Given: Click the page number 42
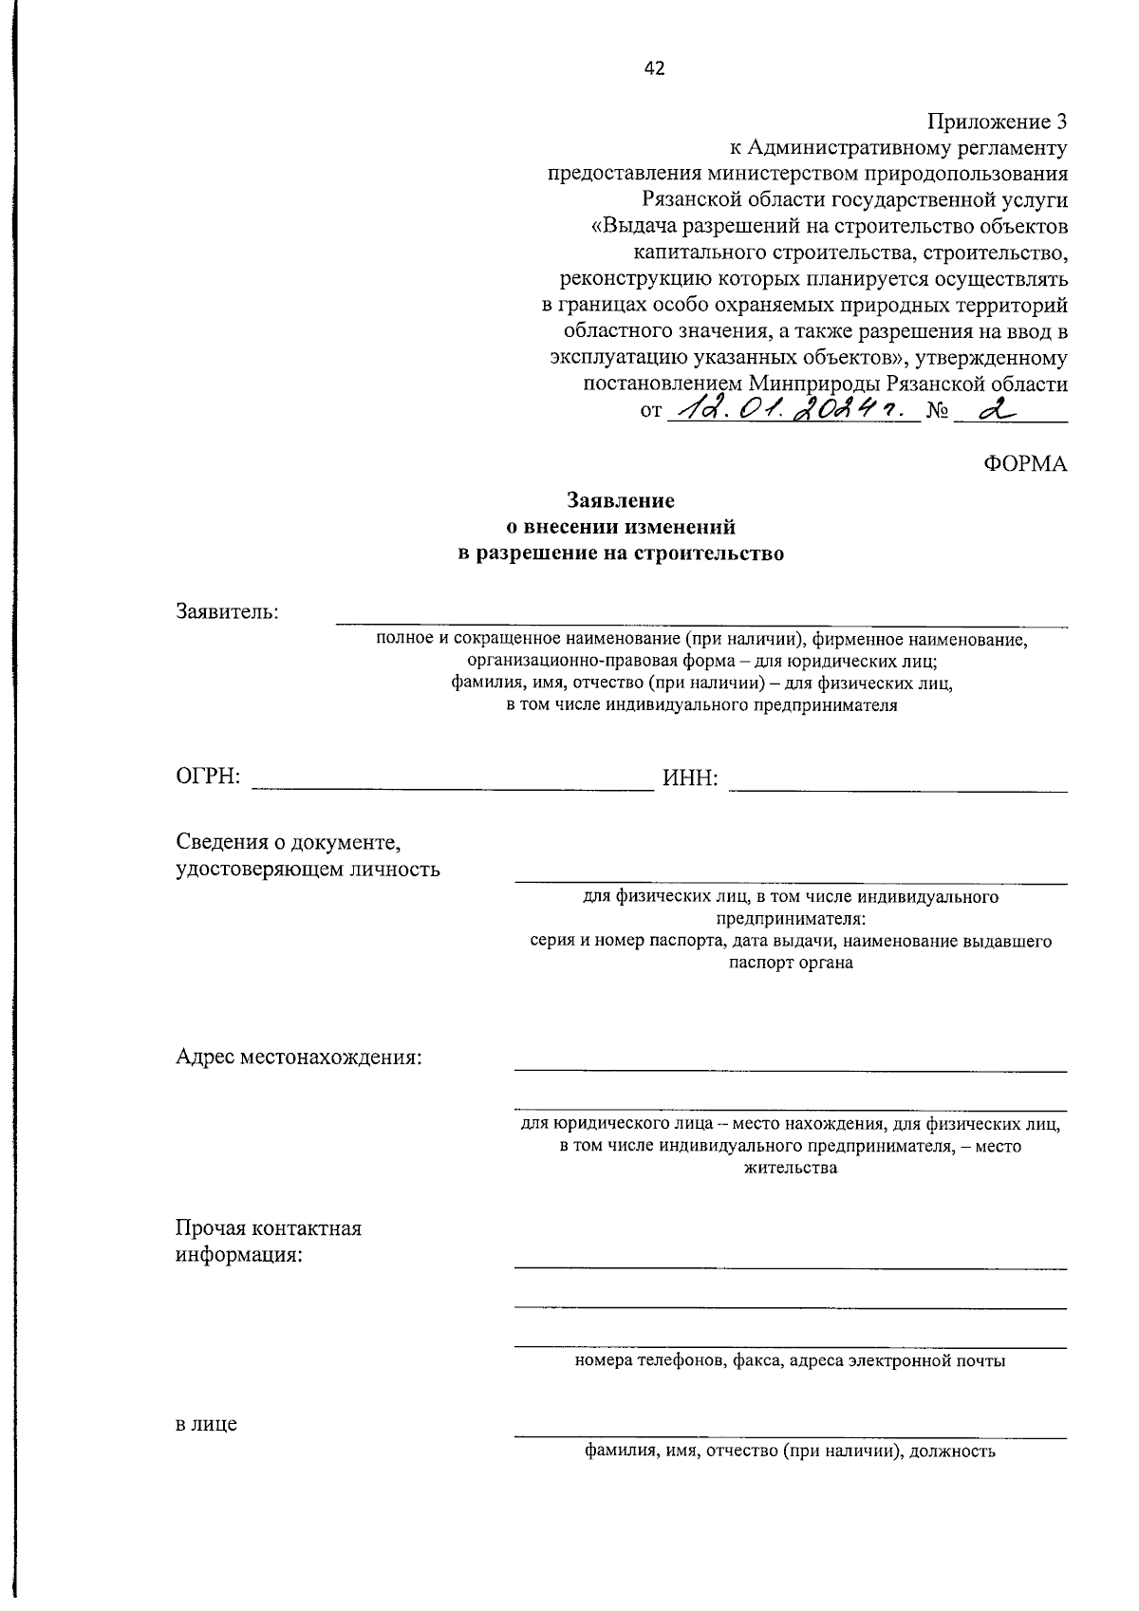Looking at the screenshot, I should point(654,67).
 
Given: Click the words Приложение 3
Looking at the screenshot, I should point(997,122).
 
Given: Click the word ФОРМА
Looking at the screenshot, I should point(1025,463).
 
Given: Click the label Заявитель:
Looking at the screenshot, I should point(228,611).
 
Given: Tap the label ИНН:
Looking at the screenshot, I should point(690,779).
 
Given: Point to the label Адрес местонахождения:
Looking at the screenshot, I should point(299,1058).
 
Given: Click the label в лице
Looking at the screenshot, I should point(206,1425).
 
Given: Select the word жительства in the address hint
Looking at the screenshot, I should point(790,1168).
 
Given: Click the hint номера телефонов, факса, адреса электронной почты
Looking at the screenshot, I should point(790,1361).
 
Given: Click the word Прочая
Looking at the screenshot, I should point(210,1228).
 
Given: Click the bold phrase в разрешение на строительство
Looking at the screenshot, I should point(621,553).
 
